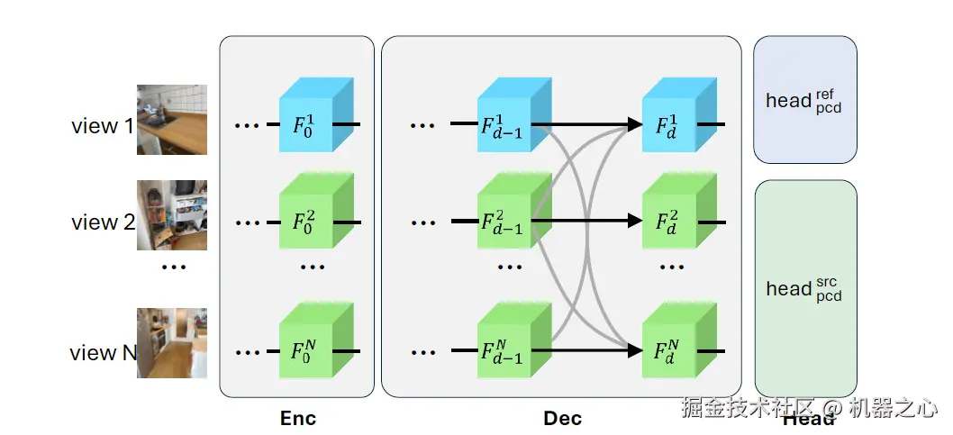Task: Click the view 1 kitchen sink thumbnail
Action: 172,120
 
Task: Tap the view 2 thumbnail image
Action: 172,215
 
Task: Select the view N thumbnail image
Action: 172,343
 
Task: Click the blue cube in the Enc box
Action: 316,114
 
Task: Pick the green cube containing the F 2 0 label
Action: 316,210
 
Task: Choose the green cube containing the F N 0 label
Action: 316,340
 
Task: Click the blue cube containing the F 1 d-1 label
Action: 515,114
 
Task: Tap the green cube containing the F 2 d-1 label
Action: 515,210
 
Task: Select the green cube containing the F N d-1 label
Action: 515,340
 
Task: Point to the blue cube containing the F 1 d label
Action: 679,114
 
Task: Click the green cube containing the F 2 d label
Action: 679,210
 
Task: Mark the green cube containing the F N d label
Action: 679,340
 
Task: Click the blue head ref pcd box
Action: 805,100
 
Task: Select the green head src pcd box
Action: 806,288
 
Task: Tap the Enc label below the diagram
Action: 298,418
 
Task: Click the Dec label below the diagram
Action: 562,418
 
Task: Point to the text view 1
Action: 102,126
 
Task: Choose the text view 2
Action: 104,222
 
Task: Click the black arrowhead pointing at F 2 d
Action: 634,221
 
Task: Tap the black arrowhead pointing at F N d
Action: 634,350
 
